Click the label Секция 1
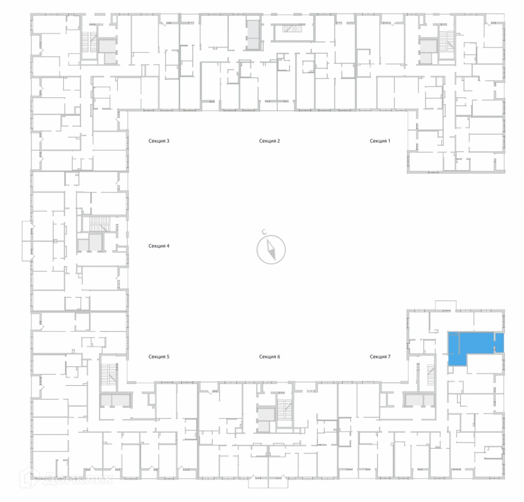tap(380, 141)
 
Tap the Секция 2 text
tap(269, 141)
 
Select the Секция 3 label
tap(159, 141)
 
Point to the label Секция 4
tap(159, 246)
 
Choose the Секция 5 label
tap(159, 356)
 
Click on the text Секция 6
tap(269, 356)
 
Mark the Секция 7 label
tap(380, 356)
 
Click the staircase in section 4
tap(100, 224)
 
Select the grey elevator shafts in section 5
tap(116, 400)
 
